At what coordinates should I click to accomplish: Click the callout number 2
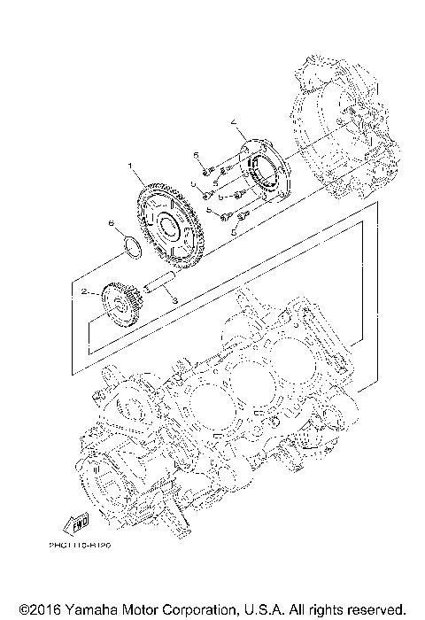pyautogui.click(x=83, y=291)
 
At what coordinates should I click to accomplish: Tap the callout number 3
pyautogui.click(x=174, y=301)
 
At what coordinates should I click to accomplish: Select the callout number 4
pyautogui.click(x=234, y=120)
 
